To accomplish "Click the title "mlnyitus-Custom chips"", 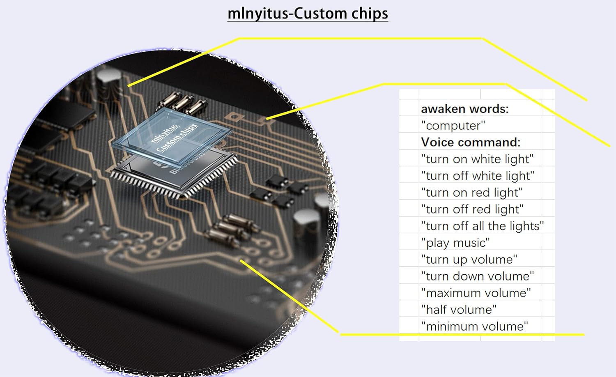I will coord(308,14).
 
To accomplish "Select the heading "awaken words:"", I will coord(464,109).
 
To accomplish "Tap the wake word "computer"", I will coord(453,125).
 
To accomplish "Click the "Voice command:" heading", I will coord(470,142).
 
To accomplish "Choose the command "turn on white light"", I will coord(477,159).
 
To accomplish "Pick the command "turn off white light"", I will coord(478,176).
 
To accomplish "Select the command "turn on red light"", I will coord(472,193).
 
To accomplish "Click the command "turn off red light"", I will coord(472,209).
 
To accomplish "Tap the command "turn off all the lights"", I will coord(482,226).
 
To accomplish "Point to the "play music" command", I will coord(455,243).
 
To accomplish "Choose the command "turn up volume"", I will coord(469,260).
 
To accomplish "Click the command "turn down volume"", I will coord(477,276).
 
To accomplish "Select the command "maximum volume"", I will coord(476,293).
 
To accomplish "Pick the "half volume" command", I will coord(459,310).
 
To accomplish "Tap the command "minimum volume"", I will coord(474,326).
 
